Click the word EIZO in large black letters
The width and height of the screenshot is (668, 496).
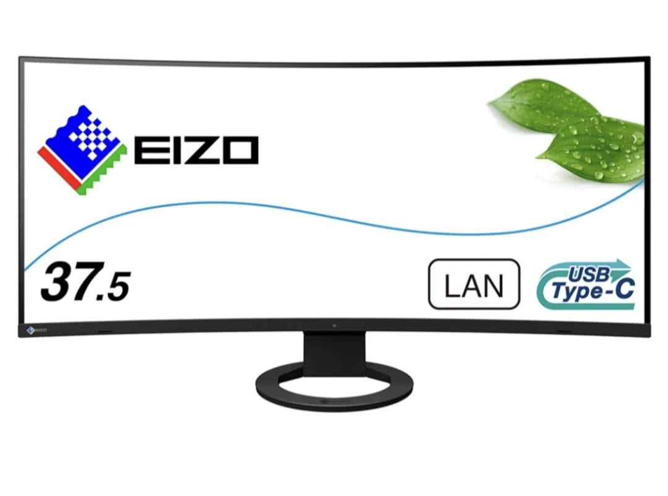tap(196, 150)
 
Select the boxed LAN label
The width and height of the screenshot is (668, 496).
tap(474, 284)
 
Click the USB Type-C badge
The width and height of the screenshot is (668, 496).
tap(586, 285)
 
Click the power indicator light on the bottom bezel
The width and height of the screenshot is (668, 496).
tap(334, 325)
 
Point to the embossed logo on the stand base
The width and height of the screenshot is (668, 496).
tap(334, 402)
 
